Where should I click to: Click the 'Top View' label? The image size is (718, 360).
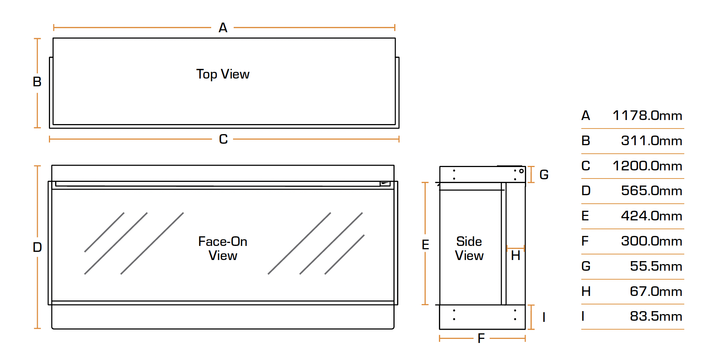[x=223, y=74]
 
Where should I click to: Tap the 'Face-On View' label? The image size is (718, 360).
[x=223, y=249]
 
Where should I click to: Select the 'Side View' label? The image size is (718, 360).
[x=469, y=249]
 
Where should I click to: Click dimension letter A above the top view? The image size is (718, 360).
[x=223, y=28]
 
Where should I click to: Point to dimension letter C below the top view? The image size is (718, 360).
[x=223, y=139]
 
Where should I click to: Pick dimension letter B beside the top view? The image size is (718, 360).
[x=37, y=82]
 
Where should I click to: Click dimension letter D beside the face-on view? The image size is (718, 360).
[x=37, y=247]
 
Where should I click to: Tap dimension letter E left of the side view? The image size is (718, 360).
[x=425, y=245]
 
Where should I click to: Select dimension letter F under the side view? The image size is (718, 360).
[x=481, y=339]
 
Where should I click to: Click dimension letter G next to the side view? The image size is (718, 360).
[x=544, y=174]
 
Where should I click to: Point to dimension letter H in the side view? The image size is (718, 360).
[x=515, y=256]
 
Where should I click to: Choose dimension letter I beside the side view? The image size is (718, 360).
[x=544, y=317]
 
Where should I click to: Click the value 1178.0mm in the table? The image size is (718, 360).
[x=647, y=116]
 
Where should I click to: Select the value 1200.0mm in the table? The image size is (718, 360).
[x=647, y=166]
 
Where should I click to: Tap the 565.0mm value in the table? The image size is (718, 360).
[x=651, y=191]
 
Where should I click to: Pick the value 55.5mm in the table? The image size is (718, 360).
[x=656, y=266]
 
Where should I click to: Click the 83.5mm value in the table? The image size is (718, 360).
[x=656, y=316]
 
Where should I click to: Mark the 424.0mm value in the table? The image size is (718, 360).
[x=651, y=216]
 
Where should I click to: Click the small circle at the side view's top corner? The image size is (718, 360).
[x=521, y=171]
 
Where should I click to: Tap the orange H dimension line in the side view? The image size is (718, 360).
[x=515, y=248]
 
